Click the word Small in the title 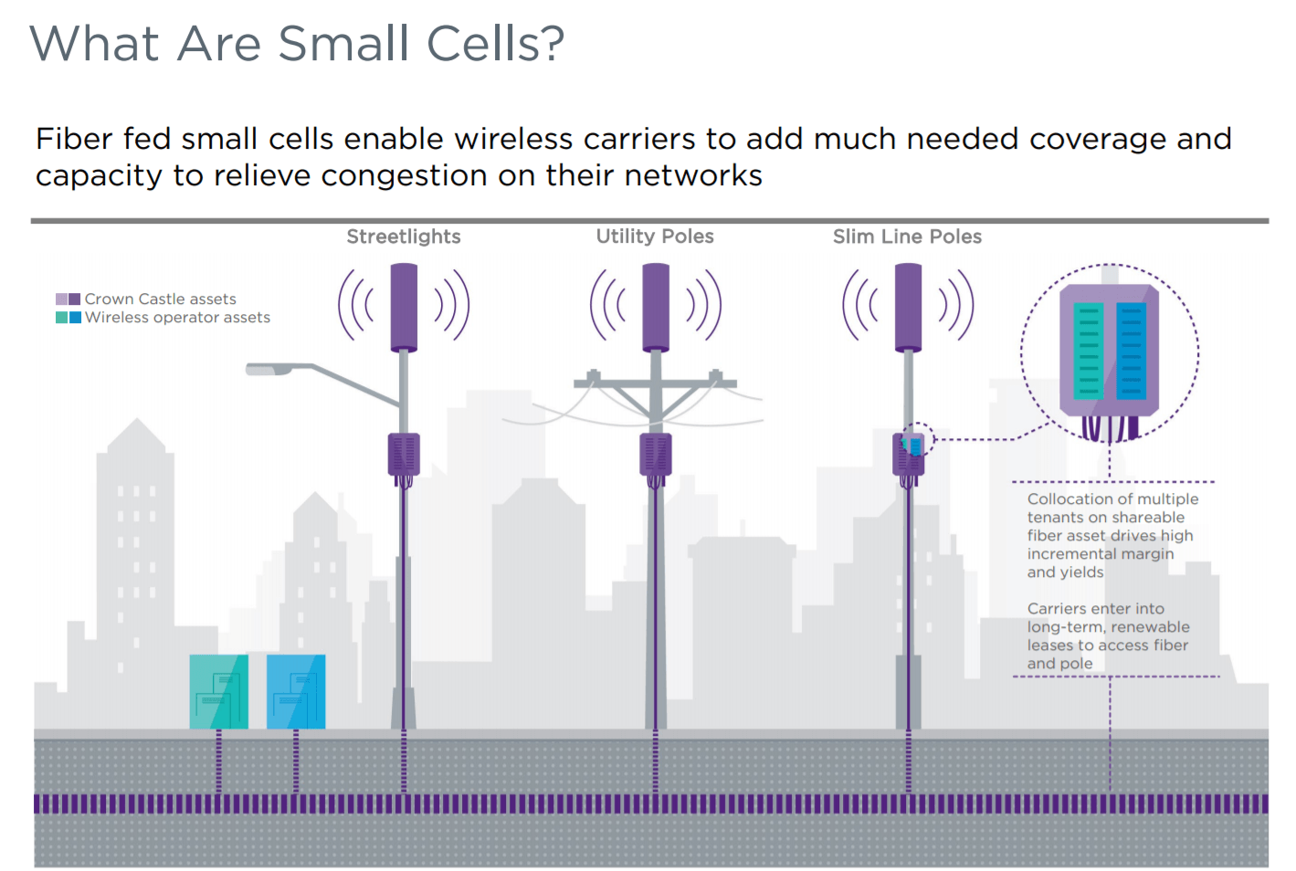(342, 44)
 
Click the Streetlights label (403, 236)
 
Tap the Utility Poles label (655, 236)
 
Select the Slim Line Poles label (907, 236)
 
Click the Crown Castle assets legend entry (160, 299)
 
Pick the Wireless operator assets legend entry (177, 318)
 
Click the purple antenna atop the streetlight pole (404, 307)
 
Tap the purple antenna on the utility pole (656, 307)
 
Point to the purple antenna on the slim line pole (908, 307)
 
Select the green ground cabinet (218, 691)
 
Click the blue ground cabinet (295, 691)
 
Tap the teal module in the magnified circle (1088, 352)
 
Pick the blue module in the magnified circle (1131, 352)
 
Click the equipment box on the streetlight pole (404, 454)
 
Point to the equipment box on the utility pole (656, 454)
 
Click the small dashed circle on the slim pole (917, 440)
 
